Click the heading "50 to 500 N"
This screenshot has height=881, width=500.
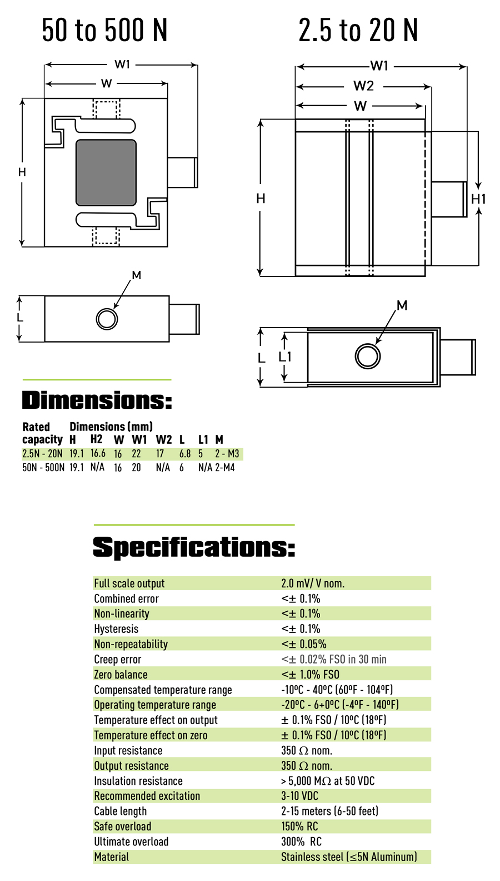coord(104,30)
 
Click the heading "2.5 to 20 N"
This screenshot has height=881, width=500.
coord(358,30)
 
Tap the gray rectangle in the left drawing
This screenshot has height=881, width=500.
coord(106,172)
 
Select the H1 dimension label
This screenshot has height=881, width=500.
coord(478,199)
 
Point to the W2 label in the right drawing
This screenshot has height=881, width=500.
coord(363,86)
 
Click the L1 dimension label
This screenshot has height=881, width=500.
coord(285,357)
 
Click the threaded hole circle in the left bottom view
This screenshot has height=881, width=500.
coord(107,319)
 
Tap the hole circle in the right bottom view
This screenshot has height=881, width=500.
coord(368,357)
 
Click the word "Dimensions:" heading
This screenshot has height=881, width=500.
coord(97,400)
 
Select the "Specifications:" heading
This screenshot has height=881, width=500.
coord(194,547)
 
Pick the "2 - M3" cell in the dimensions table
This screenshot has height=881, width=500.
coord(227,454)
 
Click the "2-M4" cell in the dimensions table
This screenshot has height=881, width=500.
coord(224,468)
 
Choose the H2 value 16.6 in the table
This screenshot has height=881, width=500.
coord(98,453)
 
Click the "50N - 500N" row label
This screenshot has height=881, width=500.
coord(43,468)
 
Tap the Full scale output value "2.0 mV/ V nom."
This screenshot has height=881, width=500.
coord(313,583)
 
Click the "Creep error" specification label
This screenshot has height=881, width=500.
coord(118,660)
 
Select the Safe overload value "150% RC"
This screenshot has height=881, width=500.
coord(299,826)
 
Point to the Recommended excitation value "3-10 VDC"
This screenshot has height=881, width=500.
coord(299,796)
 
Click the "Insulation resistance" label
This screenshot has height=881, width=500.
coord(138,781)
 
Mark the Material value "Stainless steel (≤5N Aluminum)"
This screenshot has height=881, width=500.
coord(349,857)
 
